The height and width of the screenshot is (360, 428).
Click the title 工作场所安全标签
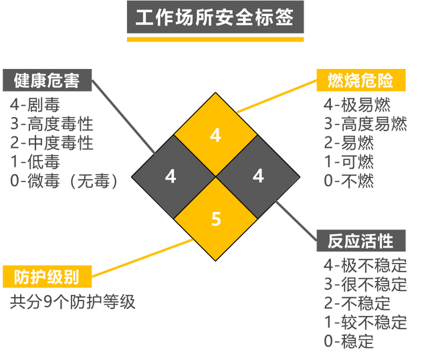click(x=215, y=17)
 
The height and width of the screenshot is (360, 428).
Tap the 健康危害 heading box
click(x=47, y=80)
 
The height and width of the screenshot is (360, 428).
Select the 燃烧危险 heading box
click(x=361, y=80)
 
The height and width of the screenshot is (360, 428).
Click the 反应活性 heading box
click(x=361, y=241)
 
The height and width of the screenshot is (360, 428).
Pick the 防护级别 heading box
click(x=47, y=276)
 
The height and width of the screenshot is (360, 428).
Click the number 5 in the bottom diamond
click(x=216, y=219)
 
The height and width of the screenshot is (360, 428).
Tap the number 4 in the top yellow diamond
click(x=215, y=135)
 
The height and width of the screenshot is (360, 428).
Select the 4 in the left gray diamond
click(x=171, y=176)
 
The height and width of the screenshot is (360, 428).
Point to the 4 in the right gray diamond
click(x=258, y=176)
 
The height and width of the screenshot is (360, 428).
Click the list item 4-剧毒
click(x=35, y=104)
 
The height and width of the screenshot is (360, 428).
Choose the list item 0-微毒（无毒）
click(x=64, y=181)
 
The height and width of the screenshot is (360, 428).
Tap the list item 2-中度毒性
click(x=52, y=143)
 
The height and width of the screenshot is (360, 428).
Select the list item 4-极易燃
click(x=357, y=104)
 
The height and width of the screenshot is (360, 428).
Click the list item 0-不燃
click(x=349, y=181)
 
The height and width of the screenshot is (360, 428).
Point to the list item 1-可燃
click(x=349, y=162)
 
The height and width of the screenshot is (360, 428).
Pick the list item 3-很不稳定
click(x=366, y=284)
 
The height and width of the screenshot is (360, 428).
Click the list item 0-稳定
click(x=349, y=341)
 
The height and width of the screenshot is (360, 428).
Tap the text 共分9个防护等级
click(x=73, y=302)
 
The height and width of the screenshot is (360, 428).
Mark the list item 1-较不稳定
click(x=366, y=323)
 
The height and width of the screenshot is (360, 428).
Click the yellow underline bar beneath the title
click(x=215, y=39)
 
